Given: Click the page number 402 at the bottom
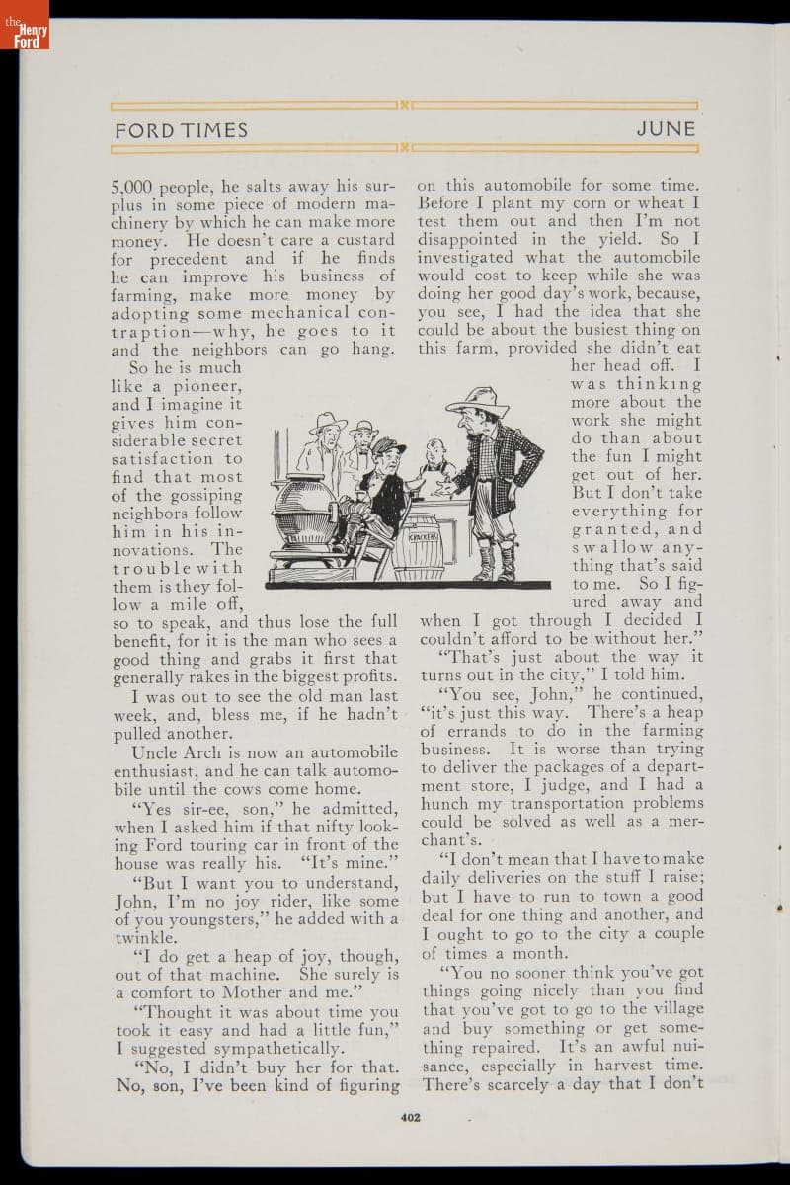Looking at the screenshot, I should (x=411, y=1118).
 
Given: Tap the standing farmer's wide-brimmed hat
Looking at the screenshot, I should (x=477, y=400).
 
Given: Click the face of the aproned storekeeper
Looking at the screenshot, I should (x=432, y=450).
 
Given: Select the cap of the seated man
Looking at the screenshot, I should (x=387, y=446).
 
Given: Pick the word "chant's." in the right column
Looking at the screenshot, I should (x=450, y=840).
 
